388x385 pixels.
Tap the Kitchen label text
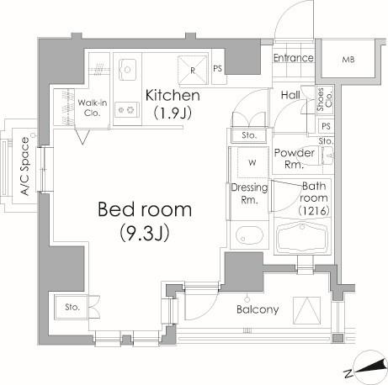pyautogui.click(x=173, y=96)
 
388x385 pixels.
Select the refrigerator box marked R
pyautogui.click(x=193, y=70)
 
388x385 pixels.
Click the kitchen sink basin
pyautogui.click(x=127, y=70)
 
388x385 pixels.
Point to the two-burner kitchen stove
pyautogui.click(x=127, y=109)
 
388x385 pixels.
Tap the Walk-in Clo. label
pyautogui.click(x=93, y=108)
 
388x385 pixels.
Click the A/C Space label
pyautogui.click(x=25, y=166)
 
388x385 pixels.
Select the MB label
pyautogui.click(x=348, y=60)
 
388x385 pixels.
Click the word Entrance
pyautogui.click(x=294, y=58)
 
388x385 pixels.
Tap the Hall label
pyautogui.click(x=290, y=95)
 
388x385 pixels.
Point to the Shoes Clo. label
pyautogui.click(x=325, y=99)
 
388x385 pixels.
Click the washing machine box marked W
pyautogui.click(x=252, y=162)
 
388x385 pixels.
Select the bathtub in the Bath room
pyautogui.click(x=302, y=235)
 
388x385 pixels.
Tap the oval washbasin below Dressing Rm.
pyautogui.click(x=249, y=235)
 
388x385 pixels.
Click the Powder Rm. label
pyautogui.click(x=294, y=158)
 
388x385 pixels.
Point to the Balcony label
pyautogui.click(x=258, y=309)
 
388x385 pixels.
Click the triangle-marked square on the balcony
pyautogui.click(x=306, y=311)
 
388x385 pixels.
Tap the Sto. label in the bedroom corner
pyautogui.click(x=72, y=307)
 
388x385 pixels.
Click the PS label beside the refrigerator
pyautogui.click(x=218, y=68)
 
